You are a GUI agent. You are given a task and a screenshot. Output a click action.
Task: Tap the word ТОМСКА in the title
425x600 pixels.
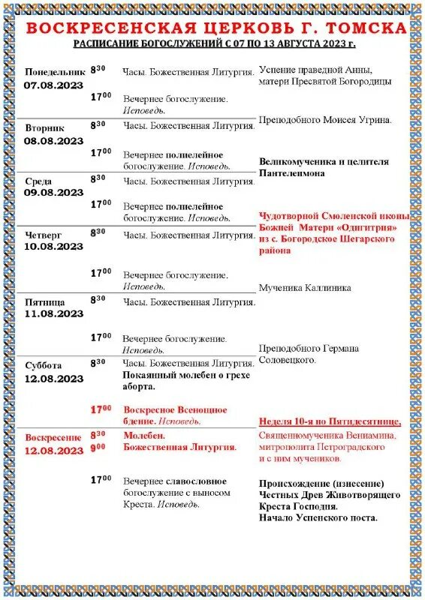coord(369,28)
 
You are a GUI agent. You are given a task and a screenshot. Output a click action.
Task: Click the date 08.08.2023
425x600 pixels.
coord(53,140)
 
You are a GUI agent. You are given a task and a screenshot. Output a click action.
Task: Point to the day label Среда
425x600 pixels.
coord(39,181)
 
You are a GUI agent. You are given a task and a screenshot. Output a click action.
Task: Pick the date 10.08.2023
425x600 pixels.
coord(53,246)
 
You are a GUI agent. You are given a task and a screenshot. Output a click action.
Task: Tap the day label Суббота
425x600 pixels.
coord(46,365)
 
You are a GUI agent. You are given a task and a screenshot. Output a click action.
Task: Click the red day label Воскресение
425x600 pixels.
coord(53,437)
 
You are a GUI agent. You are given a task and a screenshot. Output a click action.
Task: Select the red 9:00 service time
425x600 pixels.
coord(98,447)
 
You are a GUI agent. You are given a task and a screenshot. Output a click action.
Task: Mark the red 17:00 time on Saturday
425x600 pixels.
coord(101,409)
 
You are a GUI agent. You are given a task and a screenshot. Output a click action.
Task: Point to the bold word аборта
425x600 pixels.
coord(140,387)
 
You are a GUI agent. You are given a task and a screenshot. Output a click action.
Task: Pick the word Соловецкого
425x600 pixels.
coord(288,360)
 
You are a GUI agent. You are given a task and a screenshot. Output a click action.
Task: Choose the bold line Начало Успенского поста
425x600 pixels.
coord(318,517)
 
